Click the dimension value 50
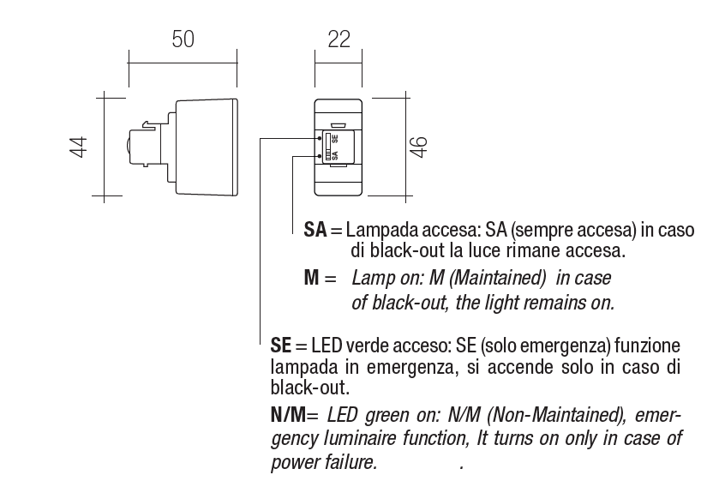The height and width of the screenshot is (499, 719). point(183,39)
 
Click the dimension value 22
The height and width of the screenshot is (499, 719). point(339,39)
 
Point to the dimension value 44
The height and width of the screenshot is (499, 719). point(80,147)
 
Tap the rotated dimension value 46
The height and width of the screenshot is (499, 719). point(418,147)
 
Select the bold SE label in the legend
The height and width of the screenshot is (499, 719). point(281,346)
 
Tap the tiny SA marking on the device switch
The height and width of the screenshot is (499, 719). point(334,155)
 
